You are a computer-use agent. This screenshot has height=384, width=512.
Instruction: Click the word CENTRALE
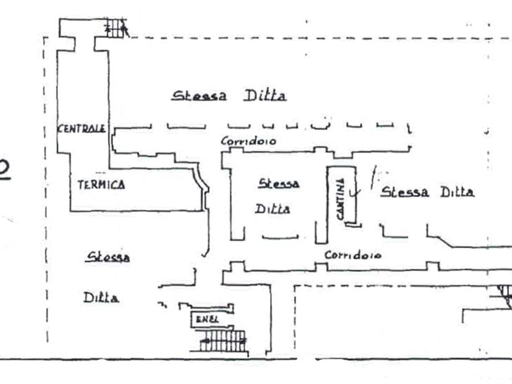tap(81, 129)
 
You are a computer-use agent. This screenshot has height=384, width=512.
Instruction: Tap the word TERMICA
tap(101, 185)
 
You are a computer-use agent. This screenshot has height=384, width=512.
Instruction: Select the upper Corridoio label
tap(248, 141)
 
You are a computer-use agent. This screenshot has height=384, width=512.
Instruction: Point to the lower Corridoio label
tap(353, 255)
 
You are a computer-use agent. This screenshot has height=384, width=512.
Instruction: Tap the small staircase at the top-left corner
tap(116, 28)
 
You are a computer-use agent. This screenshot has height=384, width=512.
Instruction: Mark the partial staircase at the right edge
tap(504, 294)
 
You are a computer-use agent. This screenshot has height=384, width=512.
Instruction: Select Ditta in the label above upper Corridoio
tap(264, 96)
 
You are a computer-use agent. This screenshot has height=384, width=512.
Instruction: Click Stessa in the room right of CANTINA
tap(404, 192)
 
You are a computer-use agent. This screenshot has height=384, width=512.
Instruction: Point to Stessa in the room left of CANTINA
tap(279, 184)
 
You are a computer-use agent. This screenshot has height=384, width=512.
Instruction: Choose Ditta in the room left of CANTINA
tap(273, 209)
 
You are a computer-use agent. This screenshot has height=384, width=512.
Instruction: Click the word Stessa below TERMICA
tap(109, 257)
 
